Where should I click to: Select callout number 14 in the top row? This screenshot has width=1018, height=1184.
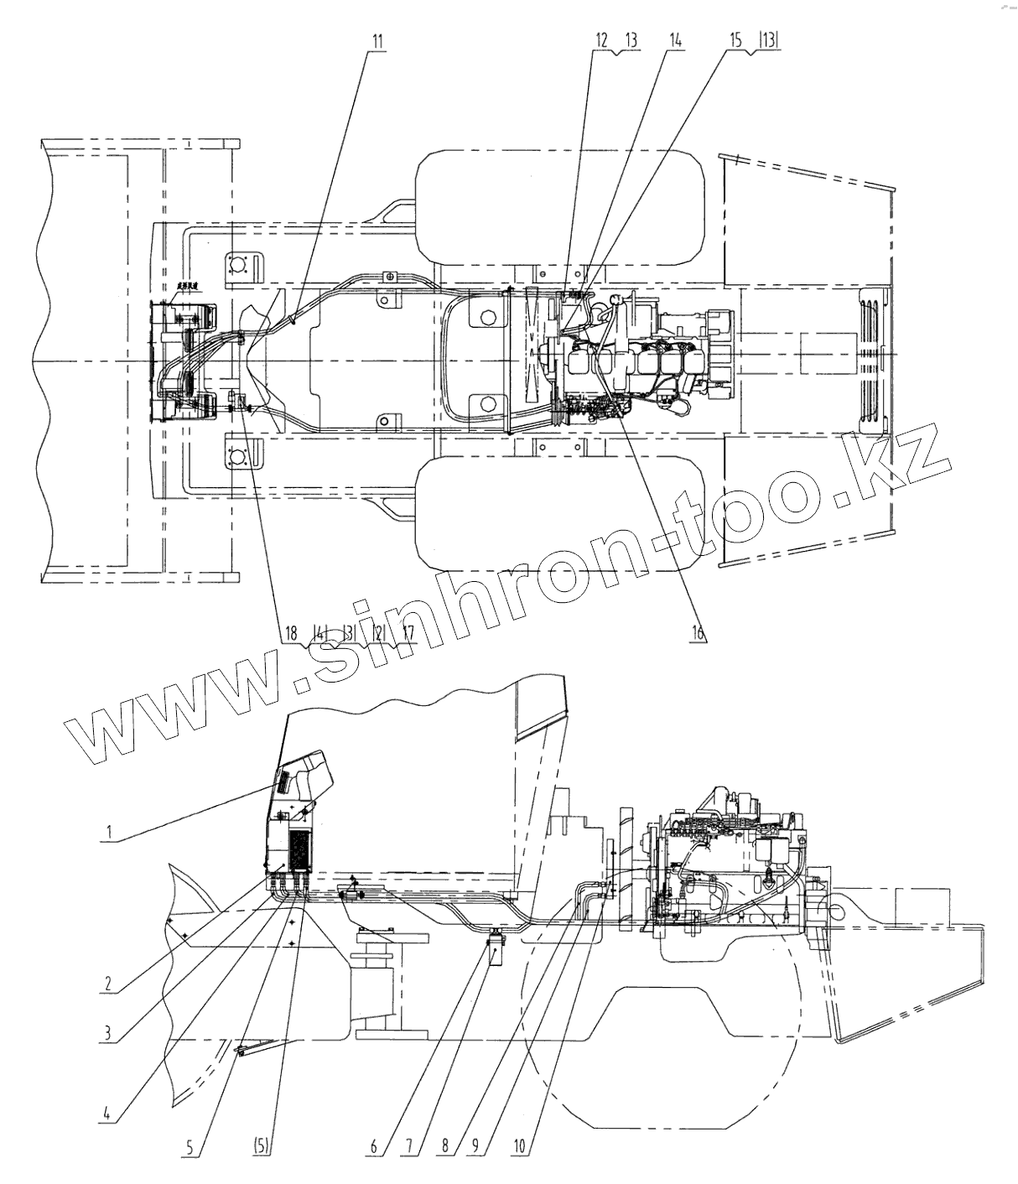pyautogui.click(x=675, y=41)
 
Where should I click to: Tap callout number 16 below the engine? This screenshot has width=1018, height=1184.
pyautogui.click(x=697, y=632)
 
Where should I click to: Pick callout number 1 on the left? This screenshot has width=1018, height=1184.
pyautogui.click(x=109, y=833)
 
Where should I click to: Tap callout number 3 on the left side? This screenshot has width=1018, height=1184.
pyautogui.click(x=108, y=1034)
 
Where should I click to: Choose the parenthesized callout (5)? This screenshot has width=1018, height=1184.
pyautogui.click(x=260, y=1145)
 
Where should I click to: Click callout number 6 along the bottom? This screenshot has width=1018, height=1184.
pyautogui.click(x=375, y=1145)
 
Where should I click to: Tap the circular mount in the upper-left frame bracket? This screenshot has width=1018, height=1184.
pyautogui.click(x=237, y=266)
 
